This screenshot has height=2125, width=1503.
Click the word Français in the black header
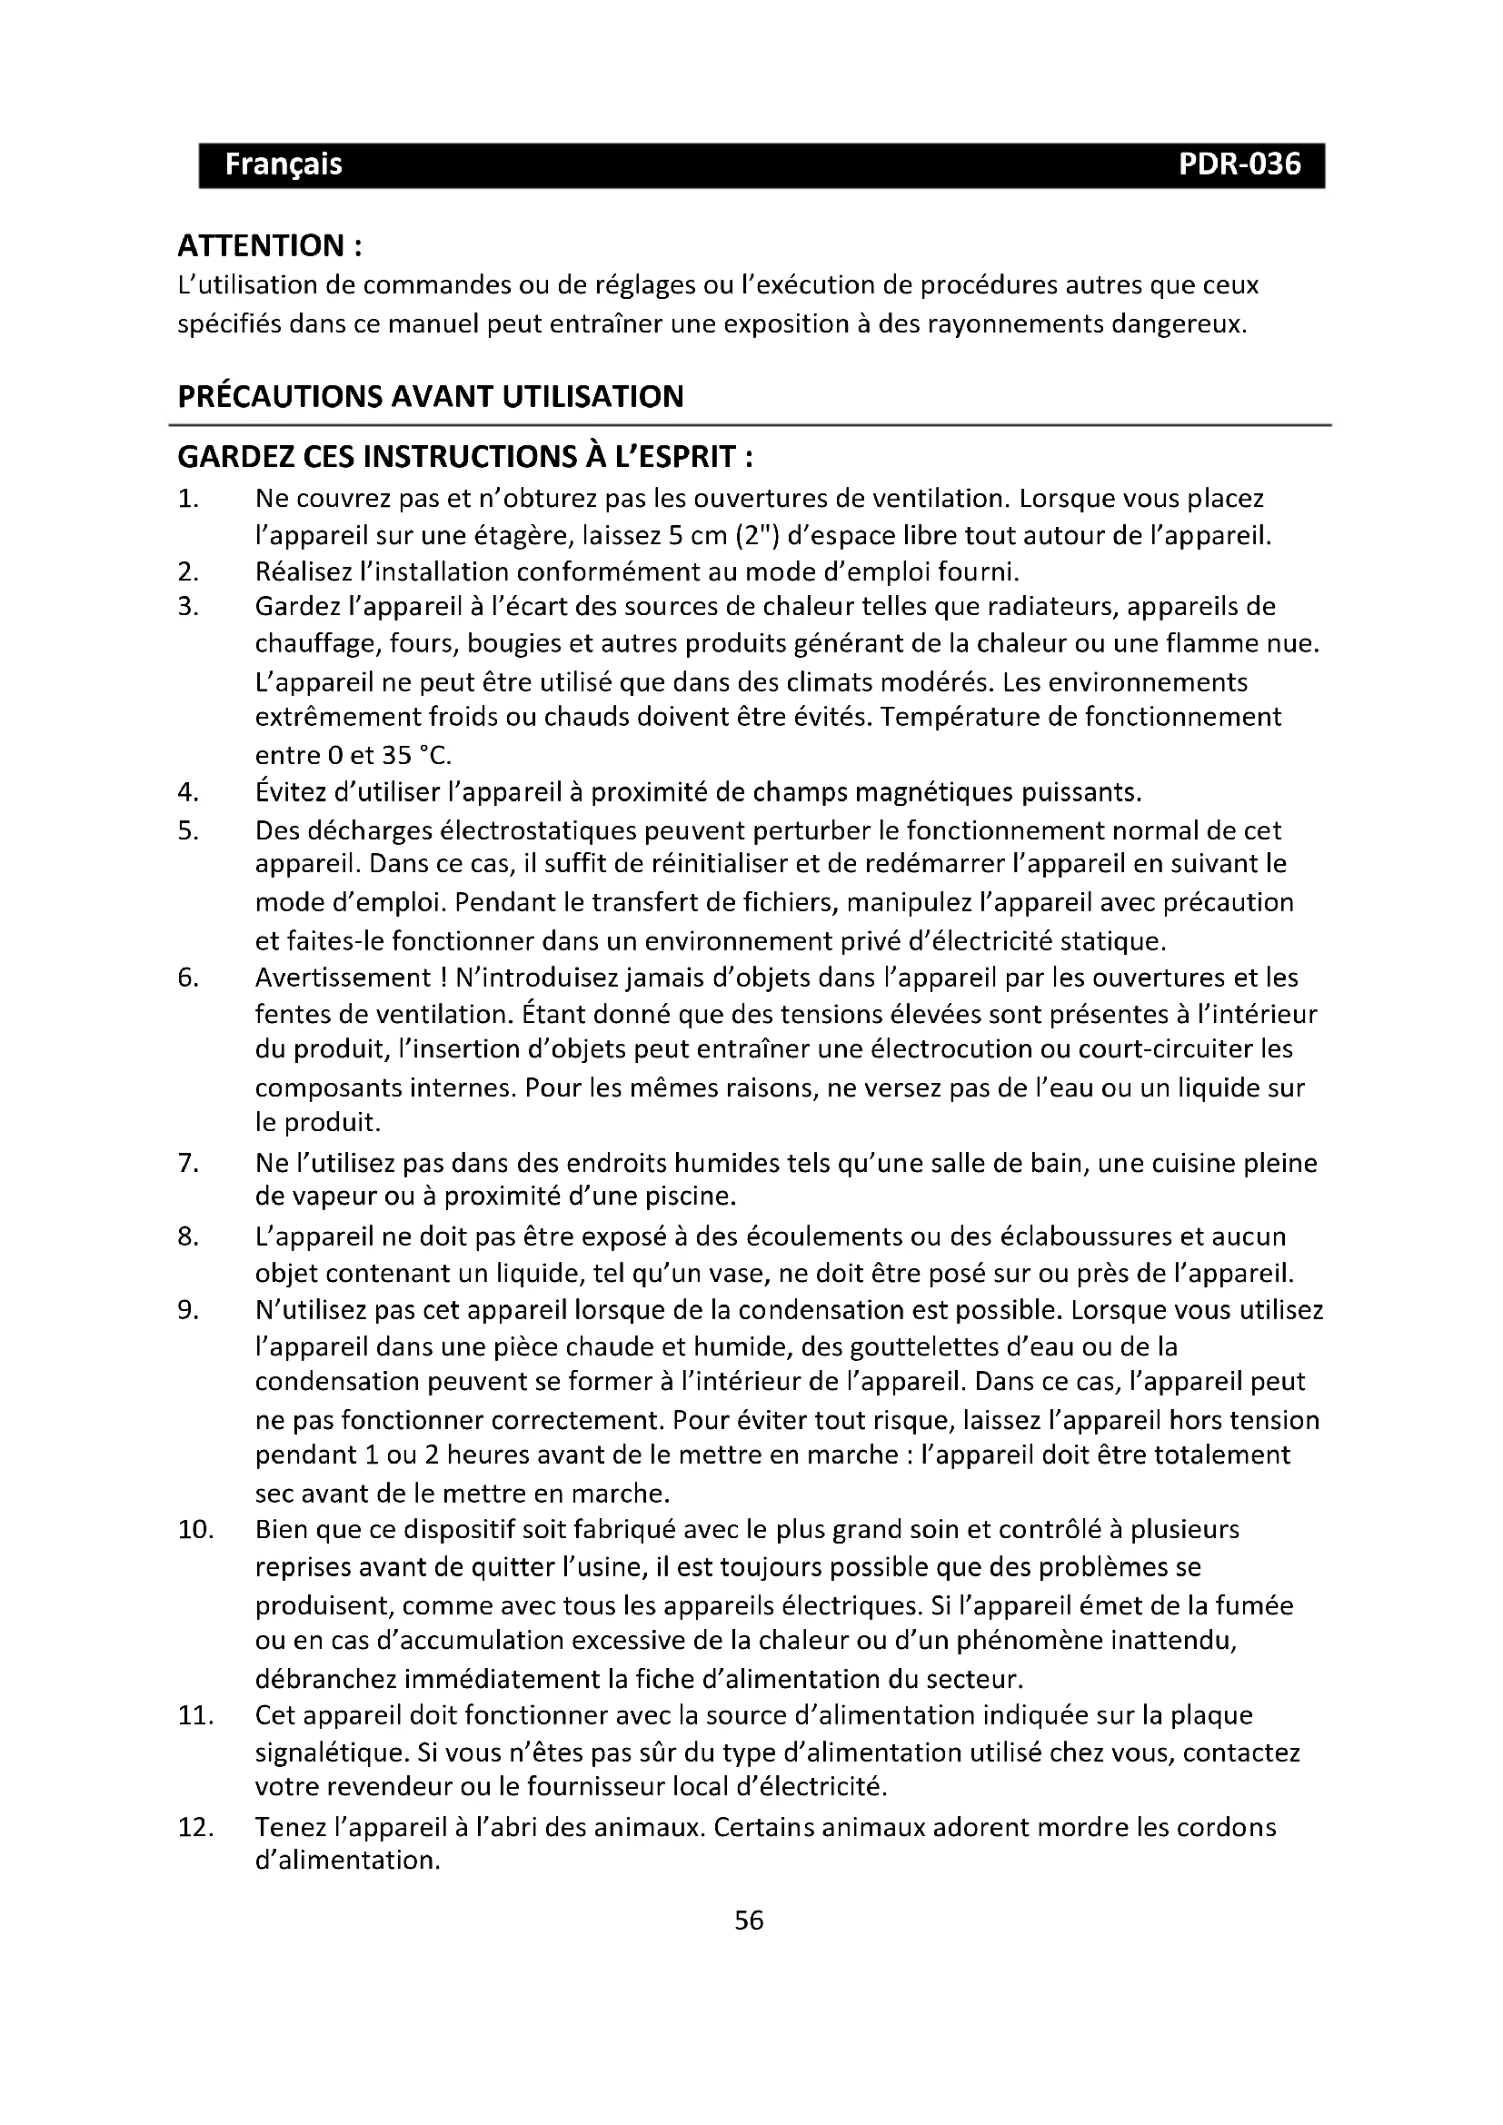pos(284,164)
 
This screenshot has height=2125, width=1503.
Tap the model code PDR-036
pos(1239,164)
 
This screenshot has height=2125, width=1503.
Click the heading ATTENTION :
pos(269,246)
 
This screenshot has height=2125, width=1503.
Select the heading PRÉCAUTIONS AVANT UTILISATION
pos(431,397)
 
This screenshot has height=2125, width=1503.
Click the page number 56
pos(749,1921)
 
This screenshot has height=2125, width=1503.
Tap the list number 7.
pos(188,1164)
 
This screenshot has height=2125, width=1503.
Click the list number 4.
pos(188,793)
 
